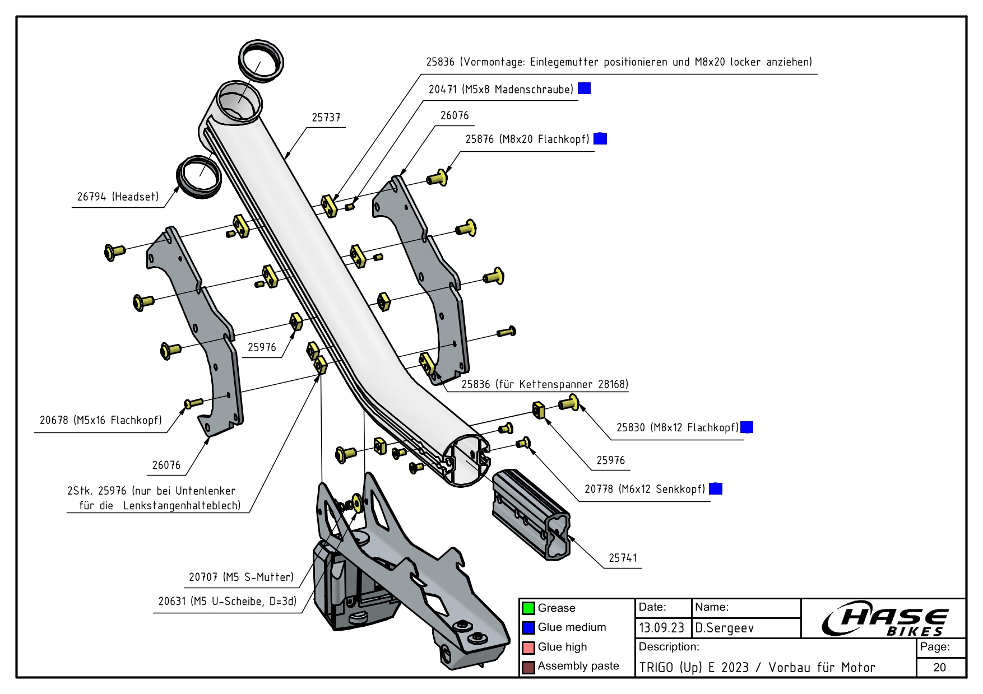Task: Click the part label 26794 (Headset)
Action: point(118,197)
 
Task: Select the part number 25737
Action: point(326,118)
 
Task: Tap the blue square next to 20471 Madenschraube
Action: point(584,89)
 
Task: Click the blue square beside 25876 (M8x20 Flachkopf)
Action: point(600,138)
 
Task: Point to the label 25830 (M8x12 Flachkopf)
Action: point(678,428)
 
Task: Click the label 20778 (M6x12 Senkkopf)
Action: point(644,489)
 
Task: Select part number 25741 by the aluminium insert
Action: point(623,558)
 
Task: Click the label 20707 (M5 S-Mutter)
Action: point(241,577)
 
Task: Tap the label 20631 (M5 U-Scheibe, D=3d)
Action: point(227,602)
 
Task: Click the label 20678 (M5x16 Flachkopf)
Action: point(101,420)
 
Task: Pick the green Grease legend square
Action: point(528,608)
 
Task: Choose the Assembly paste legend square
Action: point(528,667)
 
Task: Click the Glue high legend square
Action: point(528,648)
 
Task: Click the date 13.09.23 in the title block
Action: point(661,628)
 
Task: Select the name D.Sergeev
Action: point(725,628)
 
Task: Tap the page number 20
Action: point(940,667)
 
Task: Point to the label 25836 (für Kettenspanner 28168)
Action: point(544,384)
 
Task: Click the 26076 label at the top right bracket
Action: point(454,115)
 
